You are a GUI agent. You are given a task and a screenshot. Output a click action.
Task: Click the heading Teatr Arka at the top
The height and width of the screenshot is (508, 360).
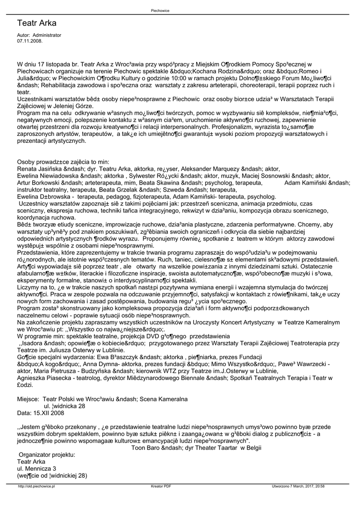(37, 23)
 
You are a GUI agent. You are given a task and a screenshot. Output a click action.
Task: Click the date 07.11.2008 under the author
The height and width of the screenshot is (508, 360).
(30, 41)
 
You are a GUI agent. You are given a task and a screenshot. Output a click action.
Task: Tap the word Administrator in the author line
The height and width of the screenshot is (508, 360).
(47, 35)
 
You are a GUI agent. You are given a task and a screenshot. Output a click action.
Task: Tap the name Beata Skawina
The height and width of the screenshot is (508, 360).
(161, 183)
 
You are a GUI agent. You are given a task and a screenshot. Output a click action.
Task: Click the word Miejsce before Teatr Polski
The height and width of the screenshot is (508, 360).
(28, 398)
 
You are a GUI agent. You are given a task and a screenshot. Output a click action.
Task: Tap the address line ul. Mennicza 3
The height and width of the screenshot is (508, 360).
(37, 468)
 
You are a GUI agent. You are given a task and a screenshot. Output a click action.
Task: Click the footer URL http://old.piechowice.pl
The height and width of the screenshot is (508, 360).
(36, 487)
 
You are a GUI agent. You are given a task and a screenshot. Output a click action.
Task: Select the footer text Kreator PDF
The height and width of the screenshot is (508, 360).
(161, 487)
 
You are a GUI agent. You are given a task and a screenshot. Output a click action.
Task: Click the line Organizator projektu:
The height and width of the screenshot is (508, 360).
(47, 454)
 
